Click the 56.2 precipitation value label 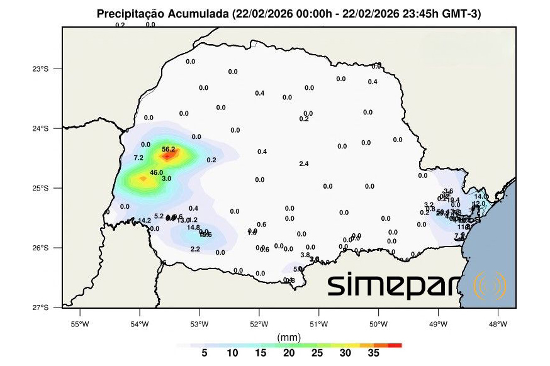click(168, 149)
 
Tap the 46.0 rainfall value click(157, 172)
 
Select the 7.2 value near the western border click(138, 157)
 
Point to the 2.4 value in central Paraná click(303, 164)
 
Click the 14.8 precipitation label click(193, 228)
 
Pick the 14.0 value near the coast click(481, 197)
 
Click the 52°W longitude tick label click(259, 324)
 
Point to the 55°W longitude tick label click(79, 324)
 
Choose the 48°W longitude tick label click(497, 324)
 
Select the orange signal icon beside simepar click(489, 286)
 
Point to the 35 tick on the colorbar click(373, 353)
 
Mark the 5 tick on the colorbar click(204, 353)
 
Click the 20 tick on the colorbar click(289, 353)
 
